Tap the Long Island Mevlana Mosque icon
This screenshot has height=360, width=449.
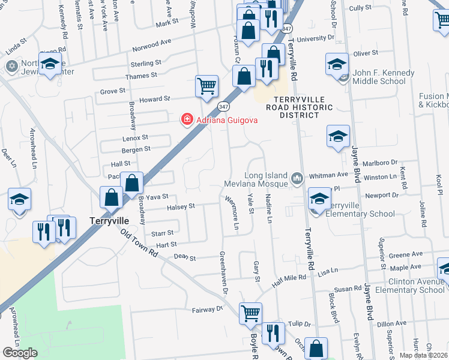coord(297,178)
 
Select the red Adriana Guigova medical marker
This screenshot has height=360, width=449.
coord(187,120)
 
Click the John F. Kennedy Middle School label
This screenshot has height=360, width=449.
coord(384,77)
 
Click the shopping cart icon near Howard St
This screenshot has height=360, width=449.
coord(206,86)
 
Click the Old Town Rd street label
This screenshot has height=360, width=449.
coord(139,245)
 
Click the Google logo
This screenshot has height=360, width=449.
coord(20,352)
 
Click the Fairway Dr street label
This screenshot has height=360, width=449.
coord(207,310)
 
